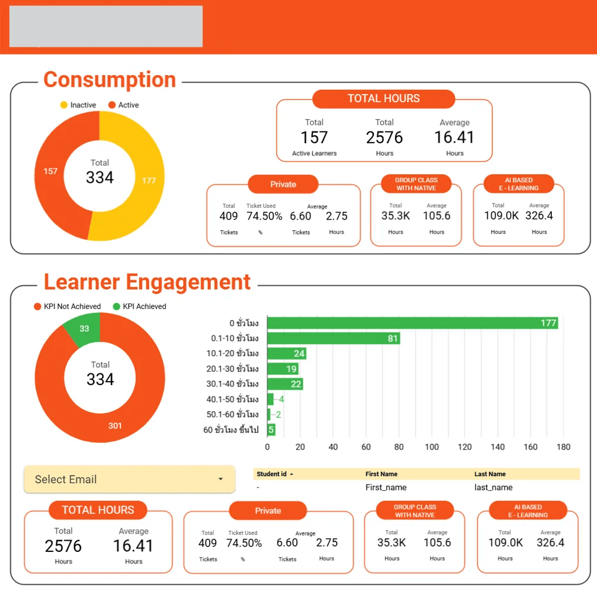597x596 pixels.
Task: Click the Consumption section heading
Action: [x=110, y=80]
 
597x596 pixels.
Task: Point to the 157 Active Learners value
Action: [x=314, y=137]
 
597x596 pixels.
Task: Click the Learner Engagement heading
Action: [x=147, y=282]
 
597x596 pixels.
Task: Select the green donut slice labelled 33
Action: [x=84, y=329]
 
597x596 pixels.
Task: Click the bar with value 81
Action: [x=333, y=338]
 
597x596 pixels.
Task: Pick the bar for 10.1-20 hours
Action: [x=286, y=353]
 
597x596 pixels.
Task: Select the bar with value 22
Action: [x=285, y=384]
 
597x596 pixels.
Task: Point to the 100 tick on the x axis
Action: [x=431, y=447]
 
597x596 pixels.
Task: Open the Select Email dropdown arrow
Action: [x=221, y=479]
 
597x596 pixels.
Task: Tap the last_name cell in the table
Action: [x=493, y=487]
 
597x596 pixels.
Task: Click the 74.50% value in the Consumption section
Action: [x=264, y=216]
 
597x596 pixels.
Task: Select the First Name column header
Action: [x=382, y=474]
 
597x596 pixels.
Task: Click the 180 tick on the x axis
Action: [x=563, y=447]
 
